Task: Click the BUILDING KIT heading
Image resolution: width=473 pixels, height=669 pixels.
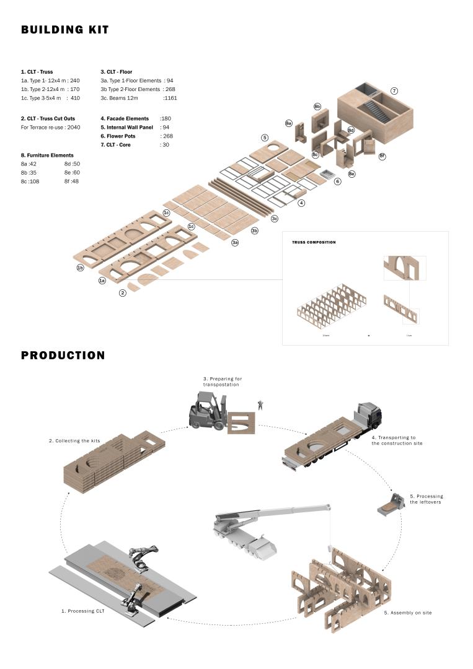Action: pos(65,30)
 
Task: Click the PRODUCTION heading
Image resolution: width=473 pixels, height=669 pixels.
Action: pos(63,356)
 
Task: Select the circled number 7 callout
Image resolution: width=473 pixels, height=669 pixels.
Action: pos(394,91)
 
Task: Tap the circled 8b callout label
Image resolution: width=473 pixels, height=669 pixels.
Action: pos(317,107)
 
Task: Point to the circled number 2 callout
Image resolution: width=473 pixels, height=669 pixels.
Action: pos(123,293)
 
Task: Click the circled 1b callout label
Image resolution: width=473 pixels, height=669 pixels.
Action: pos(80,268)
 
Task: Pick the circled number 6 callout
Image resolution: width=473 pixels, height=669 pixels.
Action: pos(338,181)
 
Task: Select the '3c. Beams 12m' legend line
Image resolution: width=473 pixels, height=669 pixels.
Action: pos(139,98)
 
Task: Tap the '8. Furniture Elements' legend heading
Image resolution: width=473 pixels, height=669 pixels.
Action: pos(47,155)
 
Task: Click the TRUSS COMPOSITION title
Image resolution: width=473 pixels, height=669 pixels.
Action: pos(314,242)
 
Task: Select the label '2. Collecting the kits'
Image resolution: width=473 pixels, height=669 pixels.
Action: pos(74,441)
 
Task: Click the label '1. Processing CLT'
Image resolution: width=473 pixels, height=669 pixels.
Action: pos(83,611)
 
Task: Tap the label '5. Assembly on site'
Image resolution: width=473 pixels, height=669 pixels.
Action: pos(408,613)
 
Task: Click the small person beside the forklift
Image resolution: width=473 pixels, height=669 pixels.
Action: pos(261,404)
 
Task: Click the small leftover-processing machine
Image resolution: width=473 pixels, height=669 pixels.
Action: pos(387,503)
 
